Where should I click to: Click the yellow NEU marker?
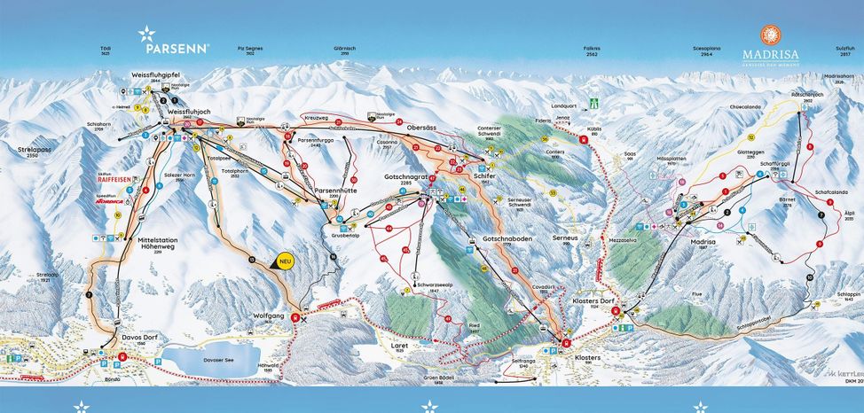(285, 261)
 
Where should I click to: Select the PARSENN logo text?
(181, 49)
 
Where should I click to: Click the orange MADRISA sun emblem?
(769, 34)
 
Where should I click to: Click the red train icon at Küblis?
(583, 139)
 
